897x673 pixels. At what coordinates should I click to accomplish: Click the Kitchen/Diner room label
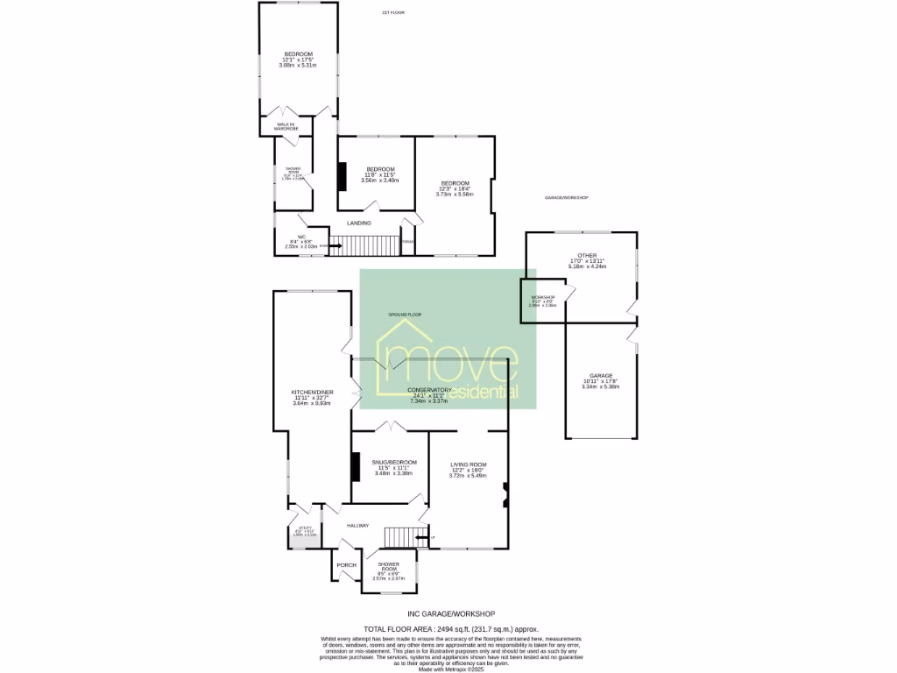pyautogui.click(x=313, y=392)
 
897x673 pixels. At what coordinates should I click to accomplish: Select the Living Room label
pyautogui.click(x=468, y=464)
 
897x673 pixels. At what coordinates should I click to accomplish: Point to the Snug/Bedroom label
pyautogui.click(x=394, y=462)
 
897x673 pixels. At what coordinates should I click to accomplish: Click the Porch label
pyautogui.click(x=346, y=565)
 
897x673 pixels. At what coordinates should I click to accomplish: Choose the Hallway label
pyautogui.click(x=357, y=525)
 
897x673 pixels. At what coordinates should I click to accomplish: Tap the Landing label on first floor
pyautogui.click(x=359, y=223)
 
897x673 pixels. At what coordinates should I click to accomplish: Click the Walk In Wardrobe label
pyautogui.click(x=288, y=126)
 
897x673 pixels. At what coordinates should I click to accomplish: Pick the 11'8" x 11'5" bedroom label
pyautogui.click(x=380, y=169)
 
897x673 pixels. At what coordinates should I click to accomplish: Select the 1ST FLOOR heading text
pyautogui.click(x=392, y=12)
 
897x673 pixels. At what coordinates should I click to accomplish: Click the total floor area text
pyautogui.click(x=452, y=629)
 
